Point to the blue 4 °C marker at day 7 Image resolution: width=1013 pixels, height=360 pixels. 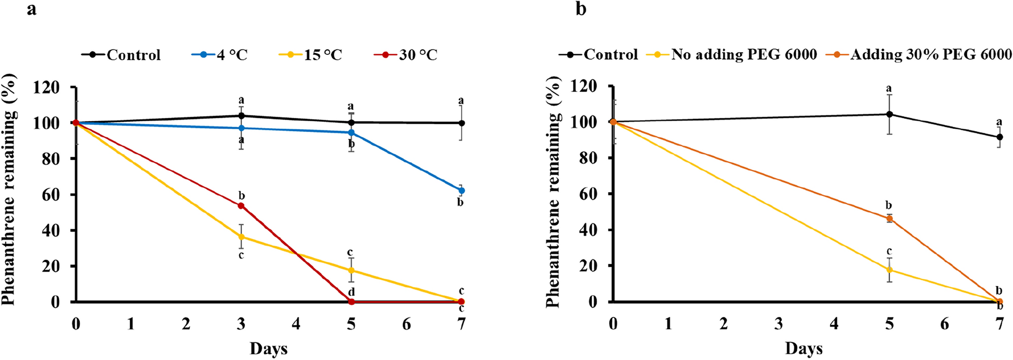coord(461,191)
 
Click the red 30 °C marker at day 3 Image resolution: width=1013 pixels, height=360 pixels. coord(241,205)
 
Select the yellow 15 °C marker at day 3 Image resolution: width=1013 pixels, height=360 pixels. coord(241,237)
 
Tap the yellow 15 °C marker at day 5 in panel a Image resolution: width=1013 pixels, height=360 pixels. coord(351,270)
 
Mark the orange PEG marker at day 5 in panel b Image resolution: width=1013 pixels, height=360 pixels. coord(889,219)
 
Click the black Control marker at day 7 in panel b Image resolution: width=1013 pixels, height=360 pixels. coord(999,137)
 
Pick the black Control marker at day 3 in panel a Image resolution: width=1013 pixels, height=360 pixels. coord(241,116)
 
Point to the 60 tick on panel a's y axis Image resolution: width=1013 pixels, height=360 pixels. coord(50,195)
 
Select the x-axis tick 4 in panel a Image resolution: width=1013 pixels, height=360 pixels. coord(296,324)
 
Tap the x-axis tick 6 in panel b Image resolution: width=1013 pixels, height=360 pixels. coord(944,324)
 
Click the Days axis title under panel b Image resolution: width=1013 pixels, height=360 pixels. coord(804,349)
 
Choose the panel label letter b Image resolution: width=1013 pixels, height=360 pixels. coord(581,9)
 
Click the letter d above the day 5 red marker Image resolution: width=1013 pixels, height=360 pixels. coord(351,292)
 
